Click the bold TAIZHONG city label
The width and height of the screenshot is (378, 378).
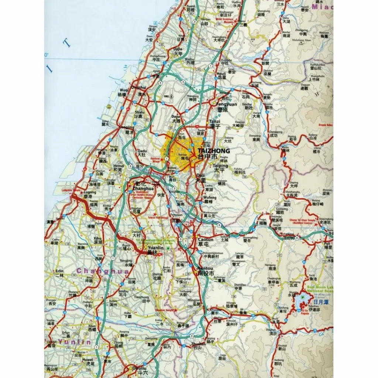click(x=213, y=151)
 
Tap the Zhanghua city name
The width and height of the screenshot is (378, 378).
click(x=142, y=188)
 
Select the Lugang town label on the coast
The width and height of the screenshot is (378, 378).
click(x=90, y=192)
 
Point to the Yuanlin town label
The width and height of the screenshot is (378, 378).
click(x=155, y=248)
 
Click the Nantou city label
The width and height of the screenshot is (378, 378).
click(x=205, y=268)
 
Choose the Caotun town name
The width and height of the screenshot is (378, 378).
click(x=206, y=240)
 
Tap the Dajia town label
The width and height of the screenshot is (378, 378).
click(x=178, y=49)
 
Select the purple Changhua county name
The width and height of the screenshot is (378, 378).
click(x=103, y=271)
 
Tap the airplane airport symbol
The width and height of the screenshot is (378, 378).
click(x=171, y=96)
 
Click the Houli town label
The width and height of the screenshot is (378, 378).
click(x=221, y=73)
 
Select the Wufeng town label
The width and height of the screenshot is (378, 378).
click(x=210, y=197)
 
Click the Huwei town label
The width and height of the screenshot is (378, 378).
click(x=87, y=359)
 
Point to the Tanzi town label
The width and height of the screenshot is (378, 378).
click(x=214, y=122)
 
